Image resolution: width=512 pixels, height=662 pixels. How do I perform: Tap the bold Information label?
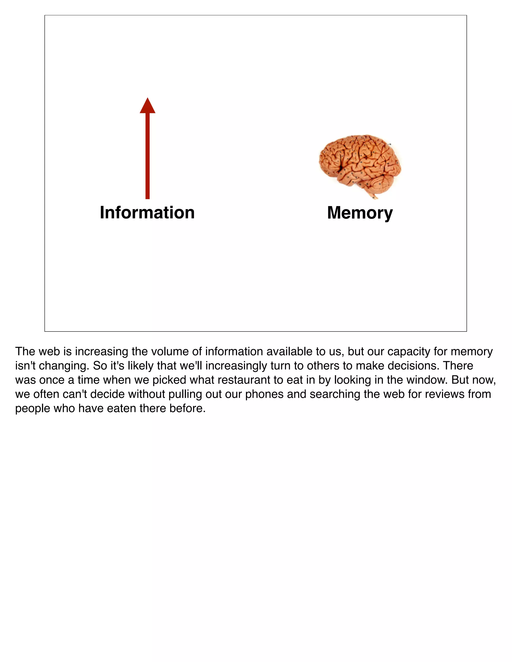click(x=147, y=213)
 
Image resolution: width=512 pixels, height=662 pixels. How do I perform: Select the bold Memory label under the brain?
click(x=360, y=213)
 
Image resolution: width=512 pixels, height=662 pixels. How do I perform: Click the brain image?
click(x=360, y=165)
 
